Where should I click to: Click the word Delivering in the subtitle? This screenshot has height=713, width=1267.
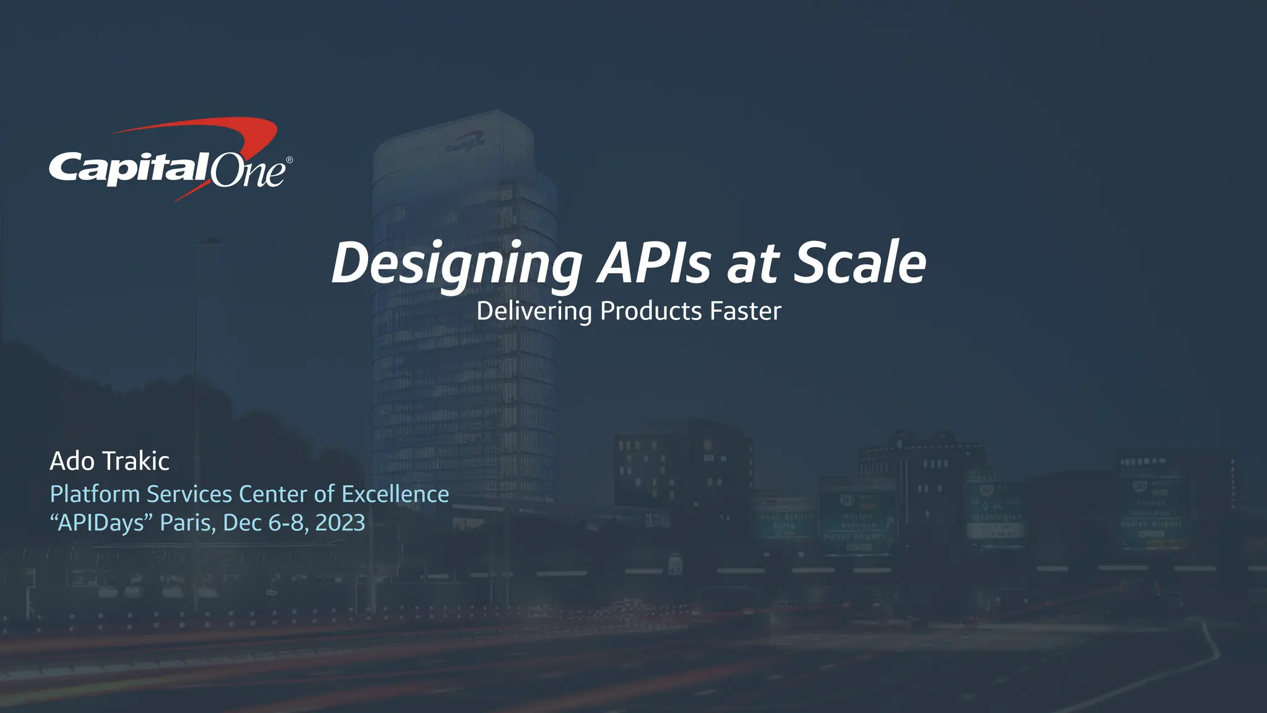coord(534,311)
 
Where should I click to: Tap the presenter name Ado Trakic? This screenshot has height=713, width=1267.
coord(110,461)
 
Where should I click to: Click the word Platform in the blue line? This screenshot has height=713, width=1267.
coord(95,495)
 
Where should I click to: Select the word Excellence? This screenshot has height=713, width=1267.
coord(395,495)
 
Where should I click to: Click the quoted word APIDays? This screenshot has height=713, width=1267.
coord(101,523)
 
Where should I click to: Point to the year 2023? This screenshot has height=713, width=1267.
coord(340,523)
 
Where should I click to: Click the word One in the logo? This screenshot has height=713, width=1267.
coord(247,171)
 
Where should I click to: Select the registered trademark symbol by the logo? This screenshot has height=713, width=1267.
coord(289,160)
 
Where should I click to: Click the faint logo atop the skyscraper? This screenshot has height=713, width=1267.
coord(465,144)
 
